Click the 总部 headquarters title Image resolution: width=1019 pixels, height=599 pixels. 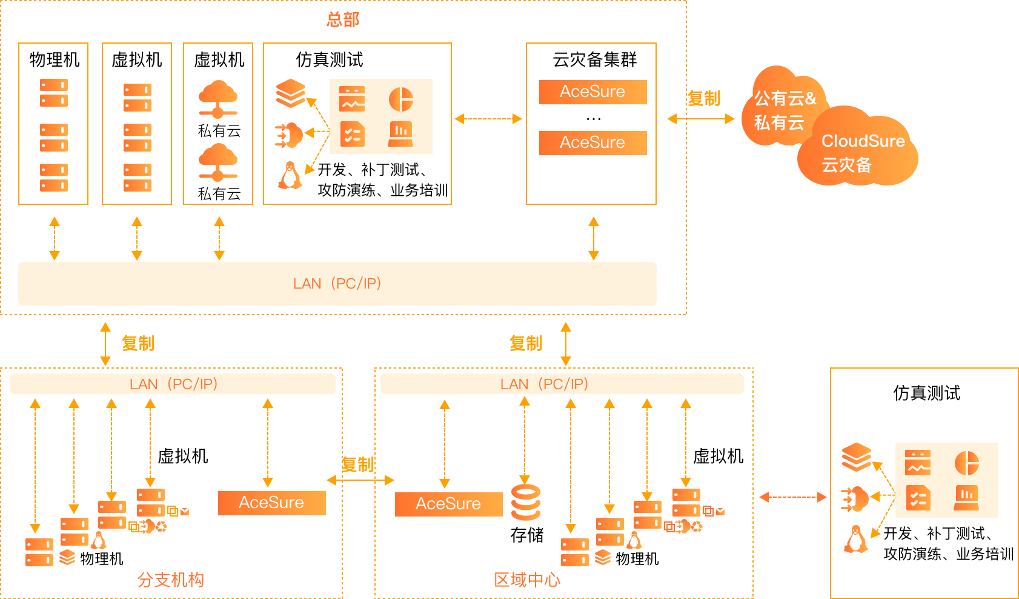[x=343, y=19]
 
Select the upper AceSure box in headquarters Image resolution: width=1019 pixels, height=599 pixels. [x=592, y=92]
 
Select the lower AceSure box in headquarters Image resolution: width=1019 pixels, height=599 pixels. [x=592, y=142]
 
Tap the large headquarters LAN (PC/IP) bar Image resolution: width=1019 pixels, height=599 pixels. [x=337, y=283]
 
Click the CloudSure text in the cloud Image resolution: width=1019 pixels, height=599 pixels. [x=863, y=141]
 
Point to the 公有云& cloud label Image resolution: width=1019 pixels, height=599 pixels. [x=785, y=98]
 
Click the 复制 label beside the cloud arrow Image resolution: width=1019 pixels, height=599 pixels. [x=704, y=98]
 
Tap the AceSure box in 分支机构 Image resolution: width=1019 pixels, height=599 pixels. [x=271, y=503]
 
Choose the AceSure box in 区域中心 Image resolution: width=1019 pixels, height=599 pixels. [x=448, y=504]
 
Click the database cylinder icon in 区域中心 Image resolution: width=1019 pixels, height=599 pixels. [x=526, y=503]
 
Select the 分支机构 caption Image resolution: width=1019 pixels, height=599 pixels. [x=171, y=580]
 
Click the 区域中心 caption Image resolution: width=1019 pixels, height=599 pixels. [x=527, y=580]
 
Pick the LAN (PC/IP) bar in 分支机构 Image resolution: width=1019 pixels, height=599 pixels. [x=173, y=384]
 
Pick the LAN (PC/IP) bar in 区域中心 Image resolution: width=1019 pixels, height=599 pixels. [x=562, y=384]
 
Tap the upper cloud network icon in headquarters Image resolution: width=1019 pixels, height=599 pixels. [x=218, y=98]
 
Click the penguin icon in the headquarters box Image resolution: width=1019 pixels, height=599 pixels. [x=290, y=176]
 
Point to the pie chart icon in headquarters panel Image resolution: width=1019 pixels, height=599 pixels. [x=401, y=99]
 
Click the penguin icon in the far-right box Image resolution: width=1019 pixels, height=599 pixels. [x=855, y=539]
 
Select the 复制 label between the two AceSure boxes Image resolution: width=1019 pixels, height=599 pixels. [x=357, y=464]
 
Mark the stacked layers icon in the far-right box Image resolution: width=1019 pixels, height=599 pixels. [x=857, y=457]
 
